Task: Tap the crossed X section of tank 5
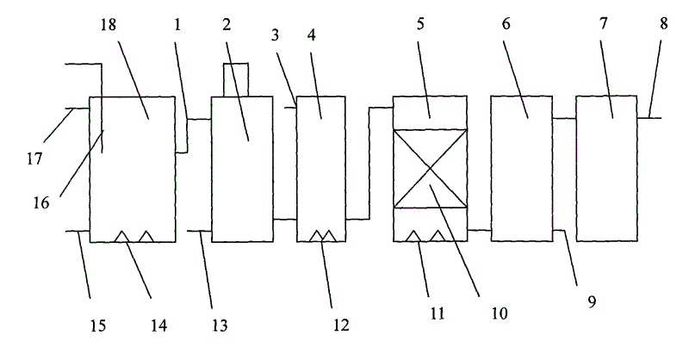(429, 169)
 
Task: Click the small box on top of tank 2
(235, 79)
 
